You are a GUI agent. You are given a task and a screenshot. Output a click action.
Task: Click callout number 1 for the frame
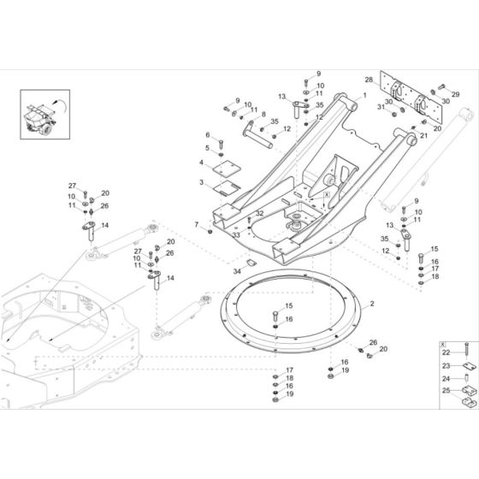[x=364, y=97]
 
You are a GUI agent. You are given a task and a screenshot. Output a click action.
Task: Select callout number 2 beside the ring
[x=372, y=304]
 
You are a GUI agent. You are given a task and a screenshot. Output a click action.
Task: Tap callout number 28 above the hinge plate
[x=370, y=80]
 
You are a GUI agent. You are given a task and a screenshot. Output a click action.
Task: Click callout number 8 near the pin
[x=263, y=115]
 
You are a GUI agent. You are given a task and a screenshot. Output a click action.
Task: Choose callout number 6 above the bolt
[x=207, y=134]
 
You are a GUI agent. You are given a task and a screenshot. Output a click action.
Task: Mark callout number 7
[x=196, y=224]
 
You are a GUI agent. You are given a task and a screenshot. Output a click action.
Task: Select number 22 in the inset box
[x=446, y=352]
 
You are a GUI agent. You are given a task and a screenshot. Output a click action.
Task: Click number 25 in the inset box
[x=446, y=391]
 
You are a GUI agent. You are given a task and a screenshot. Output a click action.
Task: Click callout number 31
[x=381, y=107]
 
